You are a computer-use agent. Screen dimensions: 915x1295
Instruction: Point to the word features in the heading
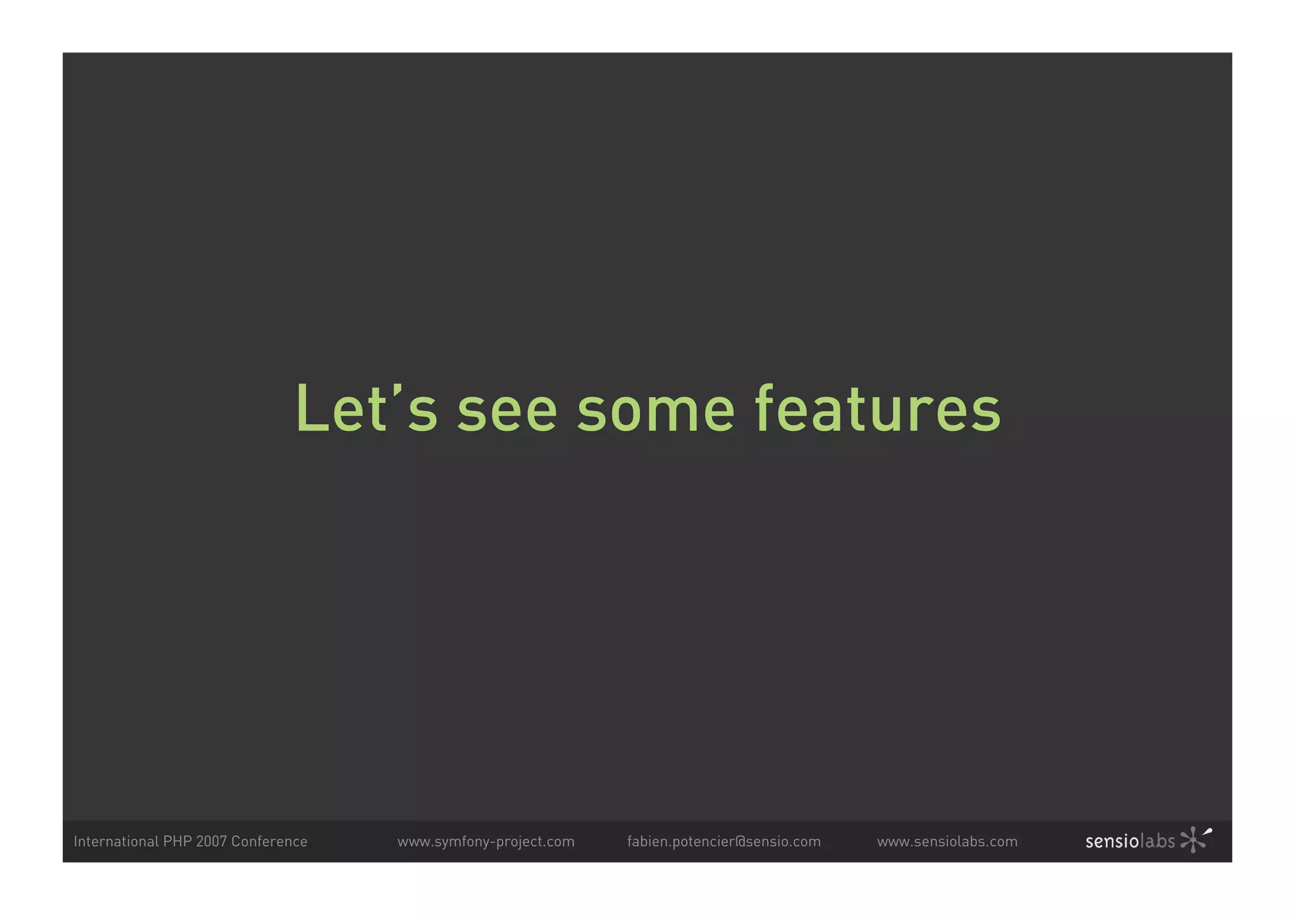(x=878, y=410)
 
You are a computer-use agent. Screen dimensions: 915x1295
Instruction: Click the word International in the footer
(x=116, y=841)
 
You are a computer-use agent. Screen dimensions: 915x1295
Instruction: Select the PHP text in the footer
(x=177, y=841)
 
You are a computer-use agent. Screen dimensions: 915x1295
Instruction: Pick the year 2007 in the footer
(x=211, y=841)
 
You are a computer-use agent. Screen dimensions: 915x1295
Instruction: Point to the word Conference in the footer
(x=269, y=841)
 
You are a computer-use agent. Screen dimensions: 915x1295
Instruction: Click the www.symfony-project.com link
(x=486, y=842)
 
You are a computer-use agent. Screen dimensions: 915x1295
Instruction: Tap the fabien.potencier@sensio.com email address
(x=723, y=842)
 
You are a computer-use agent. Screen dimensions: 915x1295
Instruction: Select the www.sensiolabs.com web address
(x=947, y=842)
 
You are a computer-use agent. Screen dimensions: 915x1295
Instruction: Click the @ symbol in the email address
(x=740, y=842)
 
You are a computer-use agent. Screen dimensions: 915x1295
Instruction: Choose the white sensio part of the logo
(x=1112, y=842)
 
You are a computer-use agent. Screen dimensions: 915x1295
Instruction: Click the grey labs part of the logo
(x=1157, y=842)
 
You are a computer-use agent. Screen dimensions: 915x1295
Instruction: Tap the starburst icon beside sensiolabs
(x=1194, y=839)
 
